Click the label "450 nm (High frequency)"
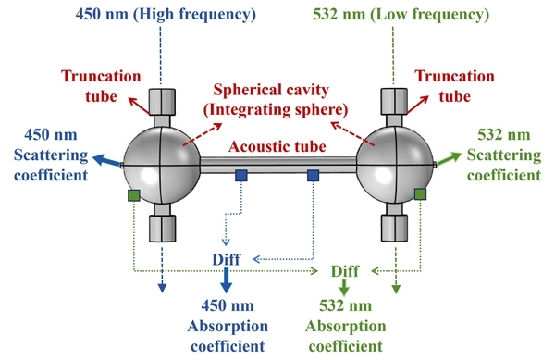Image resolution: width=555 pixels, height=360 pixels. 166,15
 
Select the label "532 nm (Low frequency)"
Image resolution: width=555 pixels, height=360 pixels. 401,15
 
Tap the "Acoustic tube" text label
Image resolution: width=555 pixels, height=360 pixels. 277,146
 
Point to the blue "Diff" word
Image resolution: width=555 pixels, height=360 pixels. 227,259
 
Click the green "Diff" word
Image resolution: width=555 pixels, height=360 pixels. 345,271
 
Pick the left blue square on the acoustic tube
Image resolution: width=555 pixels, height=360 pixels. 241,175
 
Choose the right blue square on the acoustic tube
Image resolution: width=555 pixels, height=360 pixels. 313,175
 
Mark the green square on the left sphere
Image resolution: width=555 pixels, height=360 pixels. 134,195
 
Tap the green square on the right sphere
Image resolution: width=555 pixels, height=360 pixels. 420,194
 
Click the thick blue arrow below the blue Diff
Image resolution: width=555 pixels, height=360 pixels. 227,279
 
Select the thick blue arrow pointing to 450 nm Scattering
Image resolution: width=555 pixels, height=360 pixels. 107,160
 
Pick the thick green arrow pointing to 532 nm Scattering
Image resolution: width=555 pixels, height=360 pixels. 450,158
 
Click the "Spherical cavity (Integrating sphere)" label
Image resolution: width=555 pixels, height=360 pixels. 276,100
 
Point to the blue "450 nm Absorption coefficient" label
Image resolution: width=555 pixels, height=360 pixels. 228,326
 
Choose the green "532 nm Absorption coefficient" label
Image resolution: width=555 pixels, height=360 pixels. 345,326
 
